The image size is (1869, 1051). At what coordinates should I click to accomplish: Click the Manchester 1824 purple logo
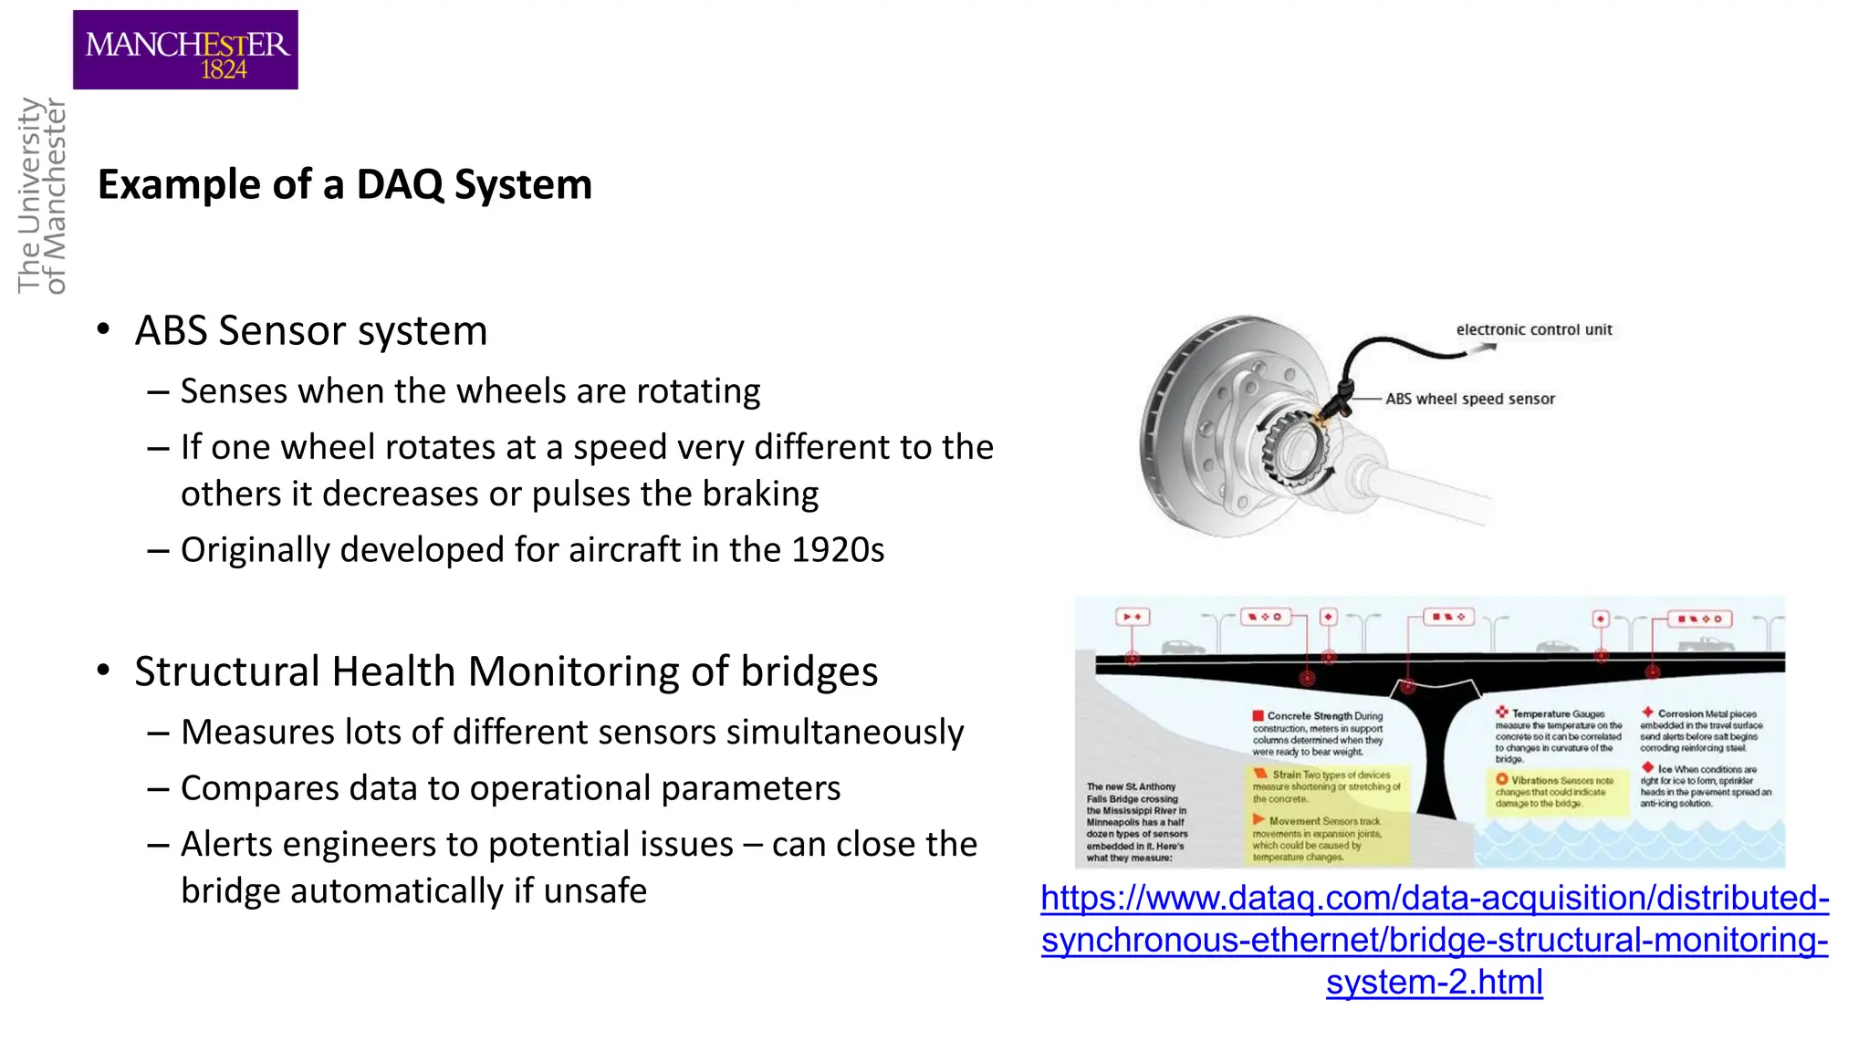[x=185, y=50]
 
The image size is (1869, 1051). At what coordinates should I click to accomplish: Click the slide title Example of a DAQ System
[x=345, y=185]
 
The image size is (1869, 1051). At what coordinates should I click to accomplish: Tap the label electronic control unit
[x=1533, y=329]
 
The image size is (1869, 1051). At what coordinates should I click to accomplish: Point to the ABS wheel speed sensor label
[x=1469, y=399]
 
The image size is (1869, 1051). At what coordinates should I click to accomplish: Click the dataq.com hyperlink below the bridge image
[x=1435, y=940]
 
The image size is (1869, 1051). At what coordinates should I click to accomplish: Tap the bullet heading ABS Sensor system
[x=311, y=330]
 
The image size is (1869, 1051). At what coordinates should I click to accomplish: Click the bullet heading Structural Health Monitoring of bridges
[x=506, y=671]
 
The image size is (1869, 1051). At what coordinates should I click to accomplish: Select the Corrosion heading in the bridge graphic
[x=1679, y=713]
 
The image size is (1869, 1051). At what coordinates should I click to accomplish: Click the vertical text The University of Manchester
[x=42, y=195]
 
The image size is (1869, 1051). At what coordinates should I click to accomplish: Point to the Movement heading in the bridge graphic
[x=1293, y=821]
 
